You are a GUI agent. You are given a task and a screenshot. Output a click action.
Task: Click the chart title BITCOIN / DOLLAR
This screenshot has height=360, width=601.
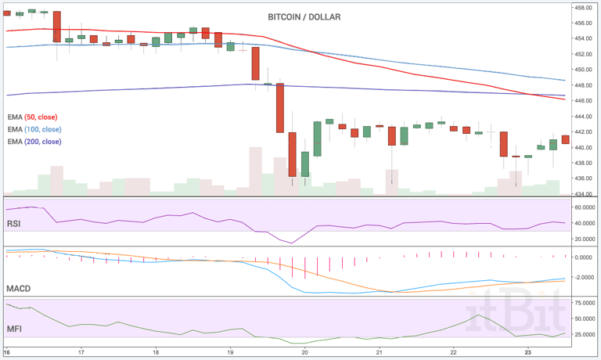point(304,16)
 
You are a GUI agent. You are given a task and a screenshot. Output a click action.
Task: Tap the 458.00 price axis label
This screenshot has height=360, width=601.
point(583,8)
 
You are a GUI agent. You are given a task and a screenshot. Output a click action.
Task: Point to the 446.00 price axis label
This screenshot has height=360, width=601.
point(583,101)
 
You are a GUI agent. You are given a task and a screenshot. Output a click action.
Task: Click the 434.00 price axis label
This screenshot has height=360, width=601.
point(583,193)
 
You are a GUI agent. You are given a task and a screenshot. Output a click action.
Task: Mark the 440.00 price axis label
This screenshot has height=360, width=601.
point(583,147)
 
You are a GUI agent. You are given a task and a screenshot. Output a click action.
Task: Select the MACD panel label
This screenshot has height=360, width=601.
point(18,289)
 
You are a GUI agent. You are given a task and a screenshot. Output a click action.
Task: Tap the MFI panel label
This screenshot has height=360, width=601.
point(14,329)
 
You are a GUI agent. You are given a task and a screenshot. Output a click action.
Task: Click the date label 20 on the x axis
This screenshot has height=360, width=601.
point(304,352)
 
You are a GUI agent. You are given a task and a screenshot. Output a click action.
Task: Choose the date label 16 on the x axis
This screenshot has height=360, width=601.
point(7,352)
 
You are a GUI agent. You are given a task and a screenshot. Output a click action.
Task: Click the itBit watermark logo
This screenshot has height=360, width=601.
point(516,318)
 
